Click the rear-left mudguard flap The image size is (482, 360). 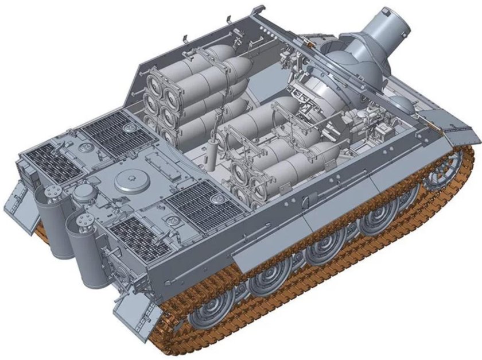(17, 204)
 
